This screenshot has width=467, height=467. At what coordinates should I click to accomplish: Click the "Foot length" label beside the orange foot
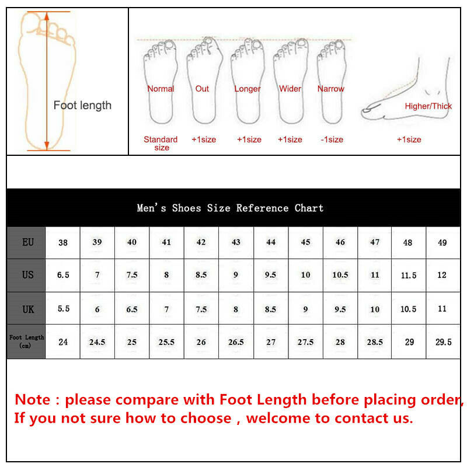point(82,106)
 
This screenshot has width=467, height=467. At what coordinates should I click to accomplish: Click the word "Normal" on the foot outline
point(161,89)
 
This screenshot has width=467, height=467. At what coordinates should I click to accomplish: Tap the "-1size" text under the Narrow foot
point(332,140)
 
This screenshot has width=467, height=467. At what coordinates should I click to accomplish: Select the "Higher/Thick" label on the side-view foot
point(428,106)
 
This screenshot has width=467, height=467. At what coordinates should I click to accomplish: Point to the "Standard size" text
point(161,144)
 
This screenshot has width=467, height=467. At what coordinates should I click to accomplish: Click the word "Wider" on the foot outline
point(290,89)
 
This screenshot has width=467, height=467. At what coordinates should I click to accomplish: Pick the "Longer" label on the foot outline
point(248,89)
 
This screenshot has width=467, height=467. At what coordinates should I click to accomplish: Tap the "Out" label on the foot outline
point(202,89)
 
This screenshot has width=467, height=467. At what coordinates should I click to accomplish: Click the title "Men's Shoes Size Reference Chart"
point(230,208)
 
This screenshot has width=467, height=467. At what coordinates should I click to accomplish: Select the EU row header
point(27,242)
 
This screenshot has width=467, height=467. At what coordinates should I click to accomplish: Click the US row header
point(27,274)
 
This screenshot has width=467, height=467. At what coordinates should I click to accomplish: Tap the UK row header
point(27,309)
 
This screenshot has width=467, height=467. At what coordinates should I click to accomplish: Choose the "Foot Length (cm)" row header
point(27,341)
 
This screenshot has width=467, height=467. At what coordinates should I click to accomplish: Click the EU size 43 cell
point(236,242)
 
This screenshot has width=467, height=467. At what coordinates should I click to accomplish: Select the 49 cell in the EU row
point(442,242)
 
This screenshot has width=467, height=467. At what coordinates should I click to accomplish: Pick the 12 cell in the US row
point(442,275)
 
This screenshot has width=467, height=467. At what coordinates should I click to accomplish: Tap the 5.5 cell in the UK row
point(63,309)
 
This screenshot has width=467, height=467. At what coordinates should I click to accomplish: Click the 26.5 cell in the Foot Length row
point(236,342)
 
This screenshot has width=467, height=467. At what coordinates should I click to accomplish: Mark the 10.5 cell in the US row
point(340,275)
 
